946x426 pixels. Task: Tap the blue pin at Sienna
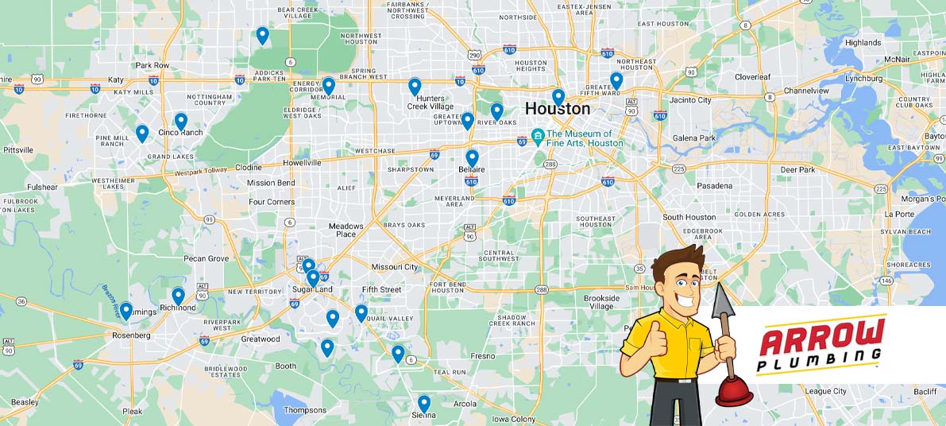point(424,403)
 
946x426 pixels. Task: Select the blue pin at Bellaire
point(472,157)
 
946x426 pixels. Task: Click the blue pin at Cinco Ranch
point(181,121)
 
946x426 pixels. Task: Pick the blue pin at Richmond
point(178,296)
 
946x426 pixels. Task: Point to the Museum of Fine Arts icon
point(538,134)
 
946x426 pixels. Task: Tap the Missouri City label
point(395,267)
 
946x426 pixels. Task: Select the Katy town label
point(116,80)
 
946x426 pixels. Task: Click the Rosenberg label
point(131,335)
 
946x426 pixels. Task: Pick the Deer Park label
point(797,170)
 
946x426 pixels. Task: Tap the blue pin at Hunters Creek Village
point(415,87)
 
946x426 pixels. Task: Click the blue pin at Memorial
point(328,85)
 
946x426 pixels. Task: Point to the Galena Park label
point(694,138)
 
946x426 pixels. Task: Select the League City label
point(825,391)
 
